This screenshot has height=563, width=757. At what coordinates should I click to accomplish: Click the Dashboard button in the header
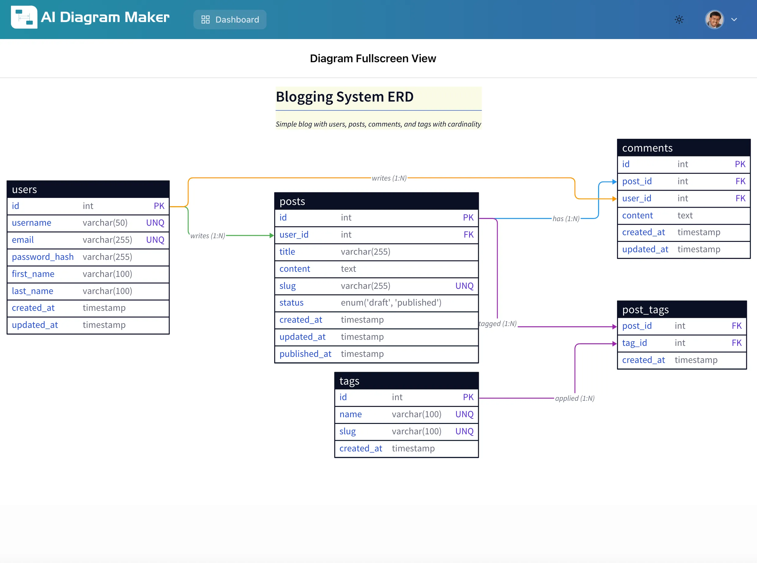coord(230,20)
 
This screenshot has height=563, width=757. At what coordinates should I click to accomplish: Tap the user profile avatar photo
coord(714,20)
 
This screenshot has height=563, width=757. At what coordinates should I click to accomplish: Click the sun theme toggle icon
coord(679,20)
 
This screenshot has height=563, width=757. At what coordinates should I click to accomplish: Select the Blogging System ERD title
coord(344,97)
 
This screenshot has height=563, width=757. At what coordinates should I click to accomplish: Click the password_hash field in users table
coord(43,257)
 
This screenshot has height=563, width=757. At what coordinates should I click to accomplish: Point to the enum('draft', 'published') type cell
coord(391,303)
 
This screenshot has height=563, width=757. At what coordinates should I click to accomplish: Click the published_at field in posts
coord(305,354)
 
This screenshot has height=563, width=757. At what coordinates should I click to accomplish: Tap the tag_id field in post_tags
coord(634,343)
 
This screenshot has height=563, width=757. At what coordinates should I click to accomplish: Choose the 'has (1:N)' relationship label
coord(566,219)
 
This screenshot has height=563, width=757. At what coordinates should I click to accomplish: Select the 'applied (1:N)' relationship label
coord(575,398)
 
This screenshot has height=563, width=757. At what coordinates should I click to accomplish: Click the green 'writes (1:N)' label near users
coord(208,236)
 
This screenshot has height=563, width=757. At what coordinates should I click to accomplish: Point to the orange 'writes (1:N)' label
coord(389,178)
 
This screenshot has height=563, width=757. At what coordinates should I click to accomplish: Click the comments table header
coord(683,148)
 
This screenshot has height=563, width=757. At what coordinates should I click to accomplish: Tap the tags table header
coord(406,381)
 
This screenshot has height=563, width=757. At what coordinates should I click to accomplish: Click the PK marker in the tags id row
coord(468,397)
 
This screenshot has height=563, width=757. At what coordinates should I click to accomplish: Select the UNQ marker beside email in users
coord(155,240)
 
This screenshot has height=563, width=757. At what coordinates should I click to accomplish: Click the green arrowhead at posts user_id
coord(272,235)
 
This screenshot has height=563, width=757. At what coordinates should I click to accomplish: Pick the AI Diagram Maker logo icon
coord(24,17)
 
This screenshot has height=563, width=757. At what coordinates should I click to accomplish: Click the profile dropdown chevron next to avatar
coord(734,20)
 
